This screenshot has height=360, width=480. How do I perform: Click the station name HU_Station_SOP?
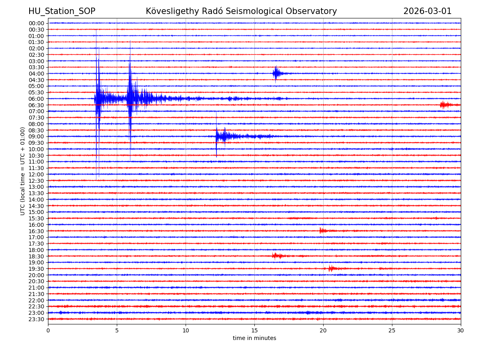click(x=62, y=12)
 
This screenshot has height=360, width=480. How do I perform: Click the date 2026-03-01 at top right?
click(x=427, y=12)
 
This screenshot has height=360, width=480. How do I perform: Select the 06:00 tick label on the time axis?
click(x=36, y=99)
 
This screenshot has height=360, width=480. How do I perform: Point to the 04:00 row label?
click(x=36, y=74)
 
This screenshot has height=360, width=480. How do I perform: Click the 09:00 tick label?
click(x=36, y=136)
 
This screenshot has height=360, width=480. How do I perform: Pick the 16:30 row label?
click(x=36, y=231)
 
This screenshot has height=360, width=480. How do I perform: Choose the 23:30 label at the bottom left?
click(x=36, y=319)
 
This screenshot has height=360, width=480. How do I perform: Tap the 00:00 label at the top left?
click(x=36, y=23)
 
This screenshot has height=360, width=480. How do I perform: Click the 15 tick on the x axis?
click(x=254, y=331)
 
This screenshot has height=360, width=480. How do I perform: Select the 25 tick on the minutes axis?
click(x=392, y=331)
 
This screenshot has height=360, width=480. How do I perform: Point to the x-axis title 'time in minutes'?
click(x=254, y=338)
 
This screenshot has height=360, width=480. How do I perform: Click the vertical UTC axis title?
click(x=23, y=171)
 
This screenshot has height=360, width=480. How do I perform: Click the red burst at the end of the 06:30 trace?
click(x=444, y=105)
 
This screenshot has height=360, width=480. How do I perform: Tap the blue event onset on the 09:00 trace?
click(x=217, y=136)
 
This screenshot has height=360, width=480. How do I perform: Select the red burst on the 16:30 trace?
click(x=322, y=231)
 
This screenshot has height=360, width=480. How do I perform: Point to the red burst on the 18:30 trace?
click(x=276, y=256)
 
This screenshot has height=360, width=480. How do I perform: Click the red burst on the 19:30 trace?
click(x=332, y=268)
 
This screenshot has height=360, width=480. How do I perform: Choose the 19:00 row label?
click(x=36, y=262)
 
